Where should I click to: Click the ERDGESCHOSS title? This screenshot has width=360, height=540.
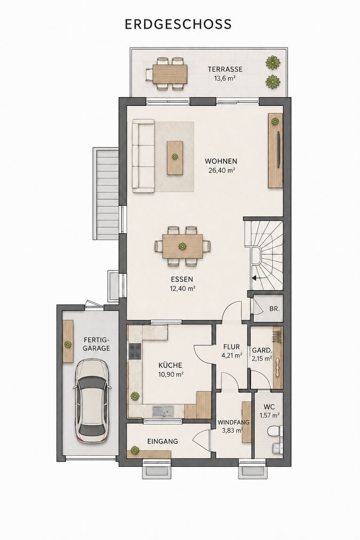178,24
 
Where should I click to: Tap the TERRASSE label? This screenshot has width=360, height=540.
225,69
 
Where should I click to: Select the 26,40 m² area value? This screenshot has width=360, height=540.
222,170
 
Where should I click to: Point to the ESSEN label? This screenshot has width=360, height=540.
182,279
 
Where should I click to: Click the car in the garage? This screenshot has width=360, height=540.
92,401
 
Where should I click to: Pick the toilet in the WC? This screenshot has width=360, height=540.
274,431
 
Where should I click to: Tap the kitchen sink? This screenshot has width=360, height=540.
164,411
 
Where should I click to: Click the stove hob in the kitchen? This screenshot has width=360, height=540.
134,352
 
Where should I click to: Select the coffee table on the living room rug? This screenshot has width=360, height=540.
175,157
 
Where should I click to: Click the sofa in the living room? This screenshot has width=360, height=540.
144,156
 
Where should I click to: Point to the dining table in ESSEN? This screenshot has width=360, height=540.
182,246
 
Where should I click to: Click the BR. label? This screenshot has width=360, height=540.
274,309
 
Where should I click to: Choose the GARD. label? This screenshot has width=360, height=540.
262,350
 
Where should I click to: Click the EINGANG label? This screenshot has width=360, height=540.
162,441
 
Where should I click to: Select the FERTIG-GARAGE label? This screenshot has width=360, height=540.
97,343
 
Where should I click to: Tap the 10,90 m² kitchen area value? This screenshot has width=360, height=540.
171,374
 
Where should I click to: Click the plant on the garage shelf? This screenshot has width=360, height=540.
68,345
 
